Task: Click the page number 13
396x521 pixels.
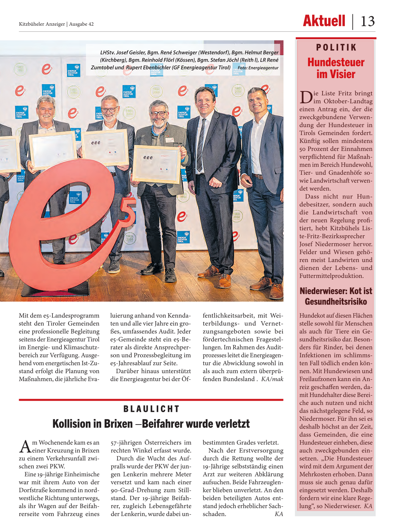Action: pos(368,22)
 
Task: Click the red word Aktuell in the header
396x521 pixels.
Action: pos(324,21)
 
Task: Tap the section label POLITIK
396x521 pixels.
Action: pos(336,48)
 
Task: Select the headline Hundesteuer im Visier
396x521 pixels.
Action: pos(336,68)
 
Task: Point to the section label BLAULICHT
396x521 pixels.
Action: pos(151,409)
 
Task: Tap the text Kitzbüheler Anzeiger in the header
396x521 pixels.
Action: pos(42,24)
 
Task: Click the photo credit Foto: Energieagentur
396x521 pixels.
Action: pos(258,68)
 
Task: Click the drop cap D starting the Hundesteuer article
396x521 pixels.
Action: pos(306,97)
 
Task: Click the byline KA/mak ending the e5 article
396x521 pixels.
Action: pos(272,379)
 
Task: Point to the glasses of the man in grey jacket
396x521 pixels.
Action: pos(158,113)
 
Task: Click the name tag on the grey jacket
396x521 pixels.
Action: pos(169,140)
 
